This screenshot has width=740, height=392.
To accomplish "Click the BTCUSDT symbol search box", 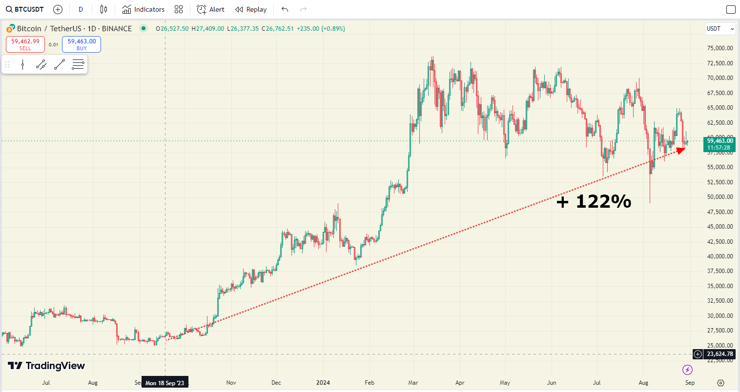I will tap(25, 9).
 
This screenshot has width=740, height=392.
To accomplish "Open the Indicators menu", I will tap(144, 9).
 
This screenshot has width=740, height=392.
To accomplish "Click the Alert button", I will tap(210, 9).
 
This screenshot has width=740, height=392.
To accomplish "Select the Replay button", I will tap(251, 9).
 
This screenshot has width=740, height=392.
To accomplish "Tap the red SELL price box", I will tap(25, 44).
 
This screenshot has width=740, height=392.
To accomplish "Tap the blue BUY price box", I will tap(82, 44).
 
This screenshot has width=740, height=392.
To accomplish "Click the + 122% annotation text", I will tap(594, 201).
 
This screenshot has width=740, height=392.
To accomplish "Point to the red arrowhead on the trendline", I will tap(680, 150).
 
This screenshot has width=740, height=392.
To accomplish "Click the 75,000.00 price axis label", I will tap(719, 48).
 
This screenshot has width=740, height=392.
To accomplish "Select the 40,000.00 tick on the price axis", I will tap(719, 256).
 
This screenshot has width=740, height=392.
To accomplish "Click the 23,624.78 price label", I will tap(719, 354).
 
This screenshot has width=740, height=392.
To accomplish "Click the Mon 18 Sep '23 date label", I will tap(164, 383).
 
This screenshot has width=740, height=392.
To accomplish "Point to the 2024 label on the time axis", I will tap(323, 383).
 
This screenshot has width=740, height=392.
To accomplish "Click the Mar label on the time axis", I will tap(413, 383).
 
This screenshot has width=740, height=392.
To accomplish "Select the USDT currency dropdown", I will tap(720, 29).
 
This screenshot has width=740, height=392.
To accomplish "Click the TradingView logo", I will tap(46, 366).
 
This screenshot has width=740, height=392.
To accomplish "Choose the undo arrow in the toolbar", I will tap(285, 9).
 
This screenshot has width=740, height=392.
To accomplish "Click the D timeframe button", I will tap(81, 9).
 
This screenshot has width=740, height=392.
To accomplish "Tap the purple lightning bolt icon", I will tap(687, 370).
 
